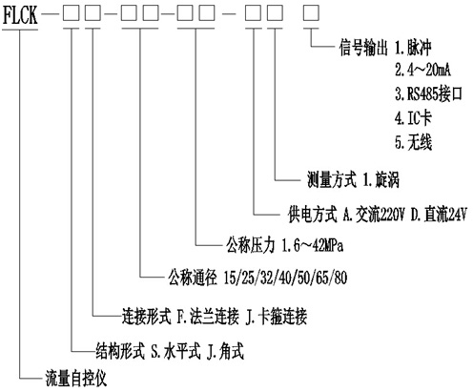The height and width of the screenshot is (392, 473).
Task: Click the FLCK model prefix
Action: click(x=20, y=15)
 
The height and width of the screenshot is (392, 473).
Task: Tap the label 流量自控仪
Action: click(x=75, y=378)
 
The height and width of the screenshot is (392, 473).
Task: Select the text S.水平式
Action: click(x=175, y=352)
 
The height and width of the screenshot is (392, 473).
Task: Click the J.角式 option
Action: click(x=225, y=352)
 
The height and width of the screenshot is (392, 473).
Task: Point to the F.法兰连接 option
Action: click(x=208, y=317)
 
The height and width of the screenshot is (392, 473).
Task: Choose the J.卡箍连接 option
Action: click(x=277, y=317)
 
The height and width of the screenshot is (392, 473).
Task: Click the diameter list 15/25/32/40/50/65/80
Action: click(x=285, y=278)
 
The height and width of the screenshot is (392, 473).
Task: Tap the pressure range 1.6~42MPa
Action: click(x=313, y=245)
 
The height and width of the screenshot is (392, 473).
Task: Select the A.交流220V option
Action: click(x=374, y=215)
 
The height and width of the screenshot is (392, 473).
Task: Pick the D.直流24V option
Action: click(x=439, y=215)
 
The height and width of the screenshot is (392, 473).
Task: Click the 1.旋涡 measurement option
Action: click(x=380, y=180)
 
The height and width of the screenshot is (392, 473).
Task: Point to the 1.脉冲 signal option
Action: click(x=413, y=48)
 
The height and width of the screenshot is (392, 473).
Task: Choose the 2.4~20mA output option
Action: click(x=422, y=70)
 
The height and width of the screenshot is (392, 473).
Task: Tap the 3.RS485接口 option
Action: click(x=428, y=93)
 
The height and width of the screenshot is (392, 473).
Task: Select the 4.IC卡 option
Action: click(x=413, y=118)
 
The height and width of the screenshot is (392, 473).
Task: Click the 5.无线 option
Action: click(x=414, y=142)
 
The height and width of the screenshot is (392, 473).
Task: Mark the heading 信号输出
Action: click(x=363, y=48)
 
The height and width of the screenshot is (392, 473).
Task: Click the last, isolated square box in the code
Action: click(x=311, y=13)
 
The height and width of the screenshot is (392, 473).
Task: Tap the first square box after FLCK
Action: click(x=71, y=13)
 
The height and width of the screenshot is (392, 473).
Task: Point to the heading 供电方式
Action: click(x=312, y=215)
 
